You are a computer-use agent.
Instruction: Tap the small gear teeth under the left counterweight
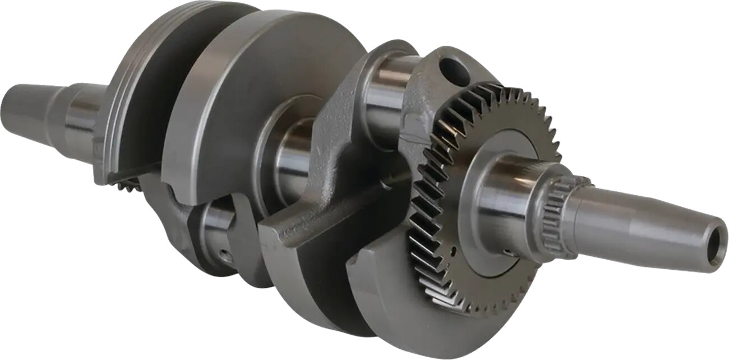[x=126, y=182]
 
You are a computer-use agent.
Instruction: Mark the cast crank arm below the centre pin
[x=314, y=224]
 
